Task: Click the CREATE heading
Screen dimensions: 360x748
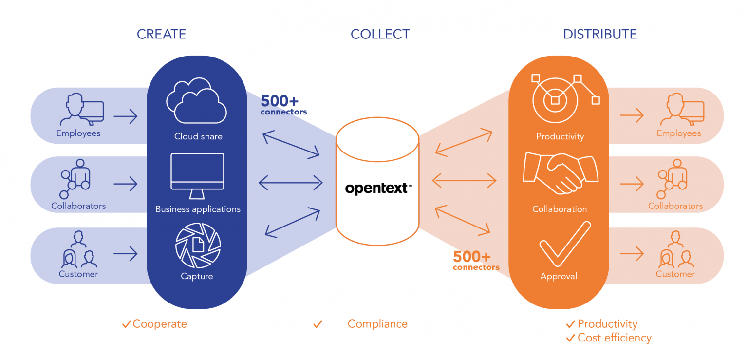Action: pyautogui.click(x=161, y=34)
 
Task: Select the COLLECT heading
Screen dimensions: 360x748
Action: pyautogui.click(x=380, y=34)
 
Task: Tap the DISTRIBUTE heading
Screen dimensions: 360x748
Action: pyautogui.click(x=600, y=34)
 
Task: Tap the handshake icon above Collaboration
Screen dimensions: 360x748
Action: pyautogui.click(x=560, y=172)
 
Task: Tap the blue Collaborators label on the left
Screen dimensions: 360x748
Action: pyautogui.click(x=78, y=206)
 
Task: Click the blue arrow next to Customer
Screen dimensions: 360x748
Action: pyautogui.click(x=125, y=253)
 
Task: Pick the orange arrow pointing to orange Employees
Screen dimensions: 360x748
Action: pyautogui.click(x=632, y=115)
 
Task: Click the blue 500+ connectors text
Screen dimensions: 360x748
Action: pyautogui.click(x=283, y=105)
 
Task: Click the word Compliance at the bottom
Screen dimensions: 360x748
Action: pyautogui.click(x=377, y=324)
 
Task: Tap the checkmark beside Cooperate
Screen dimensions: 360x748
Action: pyautogui.click(x=126, y=324)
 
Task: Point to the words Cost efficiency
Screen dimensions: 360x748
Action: pyautogui.click(x=614, y=338)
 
